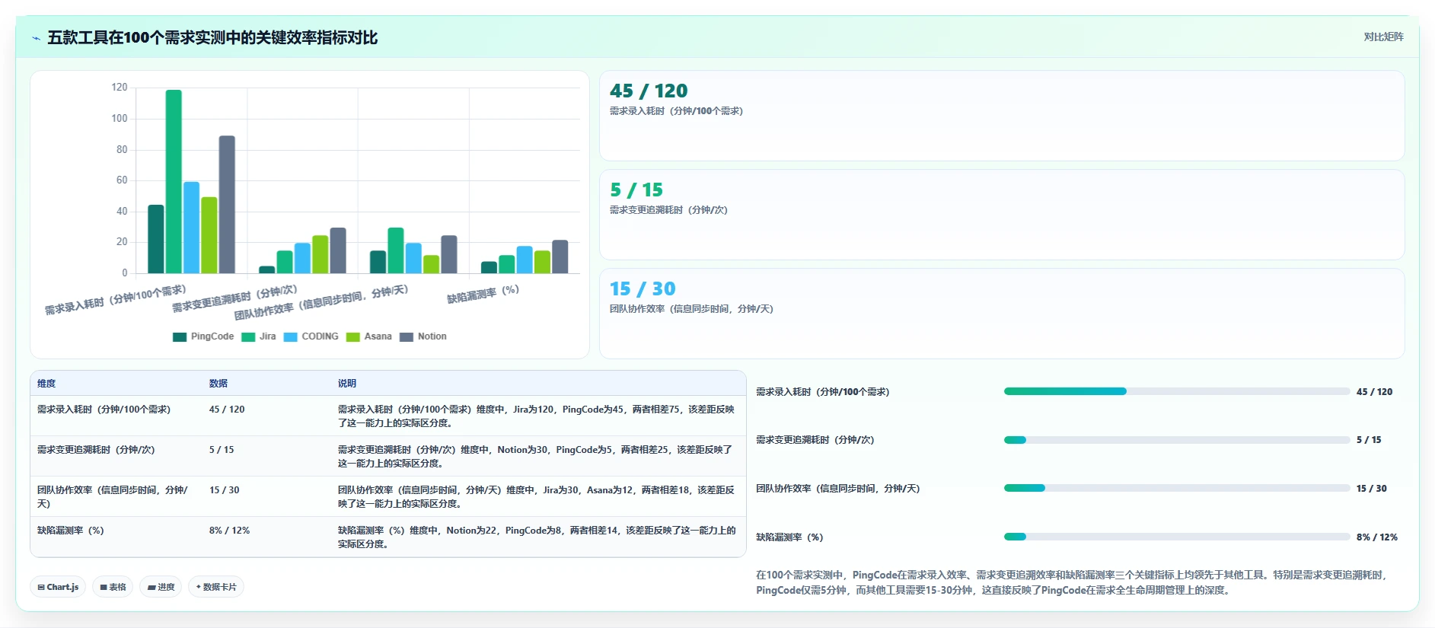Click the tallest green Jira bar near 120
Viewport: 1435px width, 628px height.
pos(174,181)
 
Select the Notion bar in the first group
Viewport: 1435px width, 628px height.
pos(227,204)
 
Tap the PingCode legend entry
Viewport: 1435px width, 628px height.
pos(203,336)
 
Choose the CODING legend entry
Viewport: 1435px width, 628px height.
pos(311,336)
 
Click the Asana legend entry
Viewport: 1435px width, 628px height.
pos(369,336)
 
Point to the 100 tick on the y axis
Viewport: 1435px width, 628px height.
pos(120,119)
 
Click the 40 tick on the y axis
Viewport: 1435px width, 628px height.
pos(122,212)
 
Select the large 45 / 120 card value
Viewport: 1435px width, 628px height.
pos(649,91)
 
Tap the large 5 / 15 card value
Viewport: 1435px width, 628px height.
pos(636,190)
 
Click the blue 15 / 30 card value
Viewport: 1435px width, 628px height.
pos(643,289)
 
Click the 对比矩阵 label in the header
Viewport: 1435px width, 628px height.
pos(1383,37)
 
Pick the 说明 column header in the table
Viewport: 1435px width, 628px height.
pos(347,384)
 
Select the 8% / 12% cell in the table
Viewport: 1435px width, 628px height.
pos(229,531)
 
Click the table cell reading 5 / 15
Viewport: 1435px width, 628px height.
pos(222,450)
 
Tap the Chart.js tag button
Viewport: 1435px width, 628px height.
pos(58,587)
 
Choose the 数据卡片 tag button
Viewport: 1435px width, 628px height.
pos(216,587)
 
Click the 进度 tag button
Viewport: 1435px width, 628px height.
pos(161,587)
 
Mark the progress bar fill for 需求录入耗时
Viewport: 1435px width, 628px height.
pos(1065,391)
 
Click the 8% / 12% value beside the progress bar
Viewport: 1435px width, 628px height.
pos(1377,537)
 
